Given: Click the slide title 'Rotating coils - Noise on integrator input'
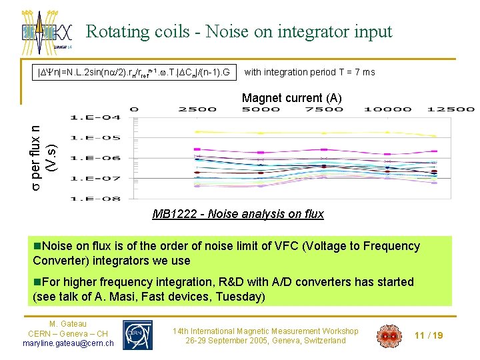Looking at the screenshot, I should click(239, 31).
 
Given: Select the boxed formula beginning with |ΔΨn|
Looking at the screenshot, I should click(134, 72).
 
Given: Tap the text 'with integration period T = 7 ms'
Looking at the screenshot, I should click(310, 72).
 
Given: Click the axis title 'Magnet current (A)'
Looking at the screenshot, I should click(291, 98).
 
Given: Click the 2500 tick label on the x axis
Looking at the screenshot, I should click(197, 109).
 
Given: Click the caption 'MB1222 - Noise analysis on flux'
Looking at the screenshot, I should click(238, 214).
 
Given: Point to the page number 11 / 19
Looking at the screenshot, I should click(429, 335).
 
